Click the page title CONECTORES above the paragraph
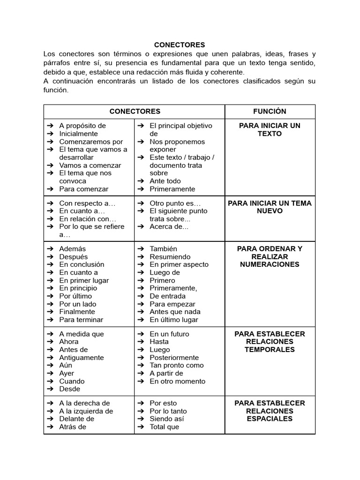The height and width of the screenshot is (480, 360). [x=180, y=45]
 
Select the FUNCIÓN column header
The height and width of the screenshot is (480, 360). [x=270, y=111]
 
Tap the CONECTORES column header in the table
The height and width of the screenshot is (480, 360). [x=135, y=111]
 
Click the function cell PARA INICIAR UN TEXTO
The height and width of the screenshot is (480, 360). [x=270, y=129]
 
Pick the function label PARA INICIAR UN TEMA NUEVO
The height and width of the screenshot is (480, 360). [x=270, y=207]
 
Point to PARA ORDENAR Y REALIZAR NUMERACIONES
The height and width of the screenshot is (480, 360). [x=270, y=256]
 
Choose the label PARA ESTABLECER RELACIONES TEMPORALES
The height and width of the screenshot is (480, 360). [x=270, y=342]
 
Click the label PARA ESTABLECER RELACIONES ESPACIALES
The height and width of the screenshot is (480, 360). [x=270, y=411]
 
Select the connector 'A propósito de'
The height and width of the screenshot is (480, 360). [x=82, y=126]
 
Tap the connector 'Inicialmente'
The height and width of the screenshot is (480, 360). [x=78, y=134]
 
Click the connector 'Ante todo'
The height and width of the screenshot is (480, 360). [x=165, y=181]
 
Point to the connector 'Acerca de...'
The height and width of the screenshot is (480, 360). [x=169, y=226]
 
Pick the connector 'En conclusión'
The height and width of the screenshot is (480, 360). [x=82, y=264]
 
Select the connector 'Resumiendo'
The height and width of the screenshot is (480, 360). [x=170, y=257]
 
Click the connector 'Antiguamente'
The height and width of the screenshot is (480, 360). [x=82, y=358]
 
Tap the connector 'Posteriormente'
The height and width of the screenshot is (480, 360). [x=174, y=358]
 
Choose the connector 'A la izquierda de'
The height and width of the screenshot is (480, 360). [x=86, y=411]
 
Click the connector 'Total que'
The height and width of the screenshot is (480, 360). [x=164, y=427]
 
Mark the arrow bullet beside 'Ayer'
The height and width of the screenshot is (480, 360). [x=49, y=374]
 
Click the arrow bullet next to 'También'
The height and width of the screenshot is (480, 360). [x=140, y=249]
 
